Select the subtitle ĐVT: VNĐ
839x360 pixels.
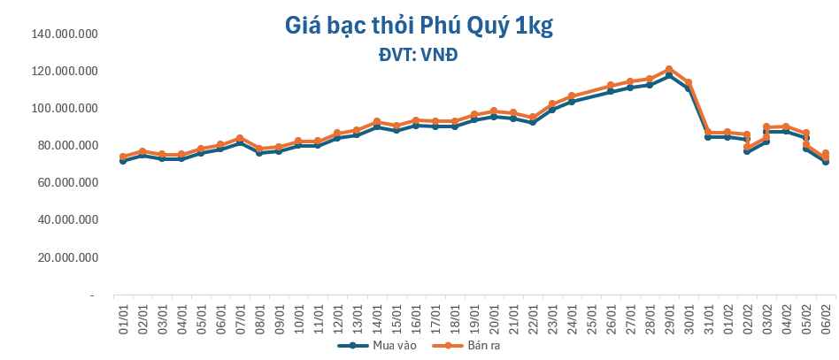tap(419, 55)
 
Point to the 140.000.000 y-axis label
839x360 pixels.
tap(63, 34)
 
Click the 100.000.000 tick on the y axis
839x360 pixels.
tap(63, 109)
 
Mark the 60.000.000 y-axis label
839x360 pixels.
tap(66, 183)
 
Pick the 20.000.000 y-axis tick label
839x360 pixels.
tap(66, 257)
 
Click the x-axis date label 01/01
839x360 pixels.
tap(124, 316)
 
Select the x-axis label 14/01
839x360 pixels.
tap(377, 316)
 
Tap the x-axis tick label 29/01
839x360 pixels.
tap(669, 316)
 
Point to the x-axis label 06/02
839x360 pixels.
tap(826, 316)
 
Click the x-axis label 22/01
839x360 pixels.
tap(533, 316)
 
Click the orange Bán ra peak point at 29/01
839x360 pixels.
tap(669, 69)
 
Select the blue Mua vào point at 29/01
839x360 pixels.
tap(669, 76)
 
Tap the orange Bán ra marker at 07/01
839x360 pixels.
tap(240, 139)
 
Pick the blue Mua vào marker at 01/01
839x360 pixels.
tap(123, 161)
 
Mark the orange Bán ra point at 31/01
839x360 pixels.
tap(708, 133)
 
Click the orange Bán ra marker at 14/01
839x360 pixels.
tap(377, 121)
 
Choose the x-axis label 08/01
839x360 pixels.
tap(260, 316)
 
